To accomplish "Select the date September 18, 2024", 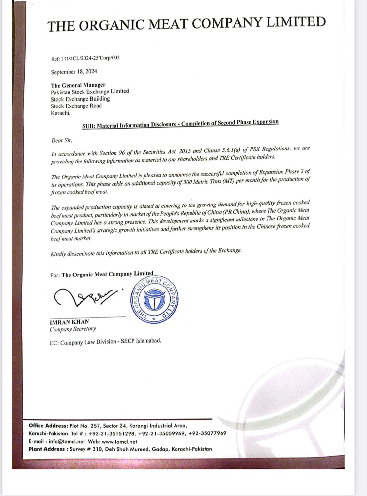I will [74, 72].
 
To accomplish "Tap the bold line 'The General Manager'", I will [78, 85].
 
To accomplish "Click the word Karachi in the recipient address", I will [60, 113].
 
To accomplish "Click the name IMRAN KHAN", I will [69, 322].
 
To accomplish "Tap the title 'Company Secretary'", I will [73, 329].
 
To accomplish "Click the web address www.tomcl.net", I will [119, 442].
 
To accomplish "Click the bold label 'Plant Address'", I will [47, 449].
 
